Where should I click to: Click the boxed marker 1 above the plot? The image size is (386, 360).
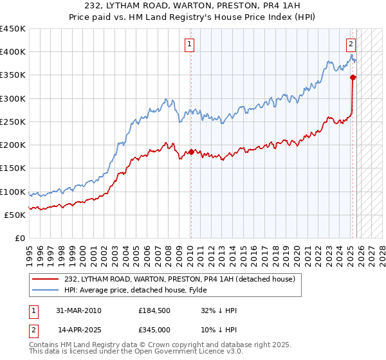click(x=190, y=44)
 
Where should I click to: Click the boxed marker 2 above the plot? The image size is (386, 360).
click(x=351, y=44)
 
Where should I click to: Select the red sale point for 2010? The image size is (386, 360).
click(x=191, y=152)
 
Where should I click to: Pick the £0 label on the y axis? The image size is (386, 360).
click(x=19, y=238)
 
